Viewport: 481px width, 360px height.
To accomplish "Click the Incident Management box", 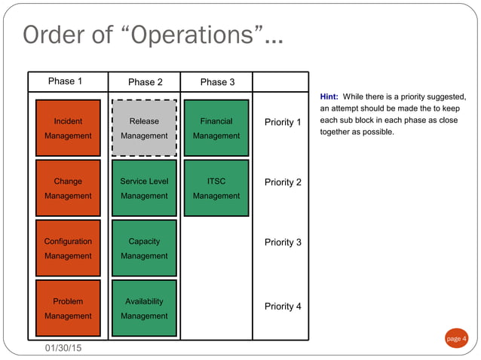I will [x=68, y=128].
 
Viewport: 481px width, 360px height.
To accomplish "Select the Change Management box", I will [x=68, y=188].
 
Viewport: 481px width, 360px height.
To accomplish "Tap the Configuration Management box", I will [x=68, y=249].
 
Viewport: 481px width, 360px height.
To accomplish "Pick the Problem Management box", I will [x=68, y=309].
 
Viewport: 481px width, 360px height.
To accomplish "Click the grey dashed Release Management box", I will [x=144, y=128].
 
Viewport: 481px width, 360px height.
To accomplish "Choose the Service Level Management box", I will [x=144, y=188].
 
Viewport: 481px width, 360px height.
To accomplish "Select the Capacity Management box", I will [x=144, y=249].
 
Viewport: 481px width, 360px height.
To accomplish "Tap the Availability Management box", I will [x=144, y=309].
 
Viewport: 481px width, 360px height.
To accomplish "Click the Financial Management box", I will [x=216, y=128].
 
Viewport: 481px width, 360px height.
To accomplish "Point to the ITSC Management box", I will [x=216, y=188].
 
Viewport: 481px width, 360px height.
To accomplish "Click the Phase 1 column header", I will [x=66, y=81].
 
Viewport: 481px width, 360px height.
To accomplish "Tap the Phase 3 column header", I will [x=217, y=82].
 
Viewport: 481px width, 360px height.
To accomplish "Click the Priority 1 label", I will [x=283, y=122].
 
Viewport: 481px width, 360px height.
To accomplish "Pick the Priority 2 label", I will [x=283, y=182].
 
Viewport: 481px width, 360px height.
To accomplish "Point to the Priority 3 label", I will [x=283, y=243].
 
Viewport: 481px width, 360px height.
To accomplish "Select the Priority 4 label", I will [x=283, y=307].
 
